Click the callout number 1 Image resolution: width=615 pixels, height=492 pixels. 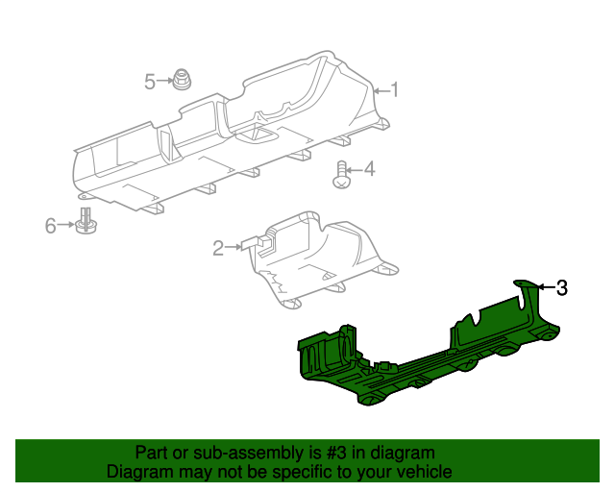tap(393, 90)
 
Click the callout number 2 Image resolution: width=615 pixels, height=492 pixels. tap(218, 249)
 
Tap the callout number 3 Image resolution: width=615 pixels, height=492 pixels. tap(562, 286)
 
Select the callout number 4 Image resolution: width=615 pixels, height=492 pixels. tap(369, 170)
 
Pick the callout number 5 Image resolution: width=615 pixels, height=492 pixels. tap(150, 82)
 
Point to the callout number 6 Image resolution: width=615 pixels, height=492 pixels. tap(51, 226)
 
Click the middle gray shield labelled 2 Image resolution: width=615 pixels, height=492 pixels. tap(317, 259)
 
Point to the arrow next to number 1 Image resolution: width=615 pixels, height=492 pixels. tap(380, 90)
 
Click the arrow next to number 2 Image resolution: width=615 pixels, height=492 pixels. tap(234, 249)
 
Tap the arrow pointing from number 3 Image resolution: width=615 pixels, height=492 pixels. tap(545, 286)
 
